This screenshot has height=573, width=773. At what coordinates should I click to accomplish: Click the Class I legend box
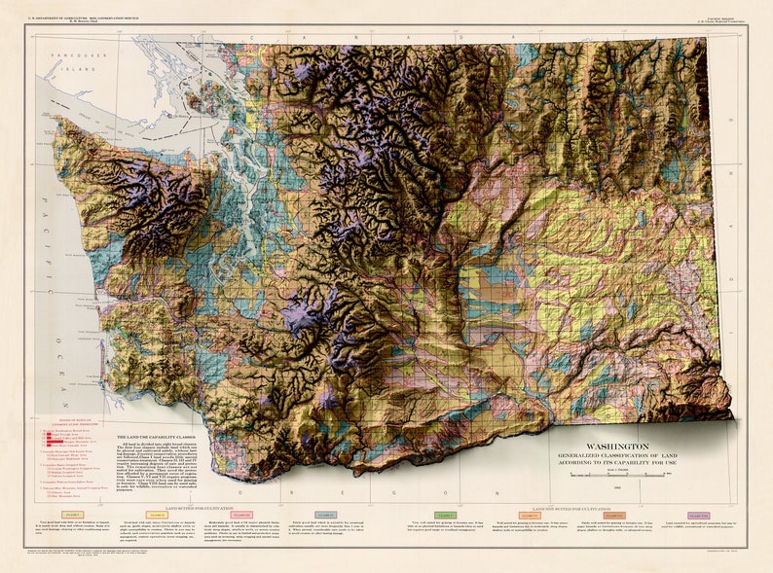[x=73, y=515]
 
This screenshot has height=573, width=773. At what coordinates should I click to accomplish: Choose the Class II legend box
[x=158, y=515]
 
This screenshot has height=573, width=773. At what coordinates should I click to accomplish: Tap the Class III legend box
[x=242, y=515]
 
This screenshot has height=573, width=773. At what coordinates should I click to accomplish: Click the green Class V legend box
[x=445, y=515]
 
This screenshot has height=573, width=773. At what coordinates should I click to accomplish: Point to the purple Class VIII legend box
[x=698, y=515]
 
